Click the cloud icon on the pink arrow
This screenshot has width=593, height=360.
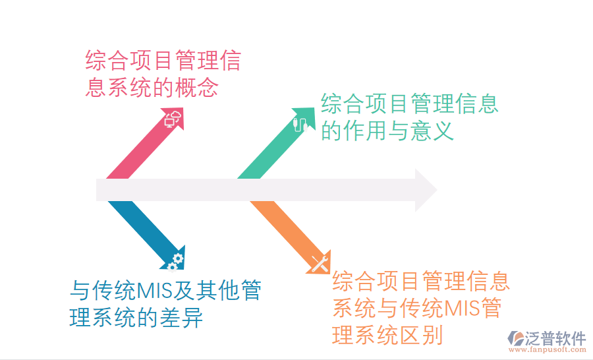(x=173, y=119)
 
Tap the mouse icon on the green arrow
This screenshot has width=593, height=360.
(x=300, y=123)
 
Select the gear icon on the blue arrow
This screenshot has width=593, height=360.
(x=175, y=261)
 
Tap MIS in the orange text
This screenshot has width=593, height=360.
(x=465, y=308)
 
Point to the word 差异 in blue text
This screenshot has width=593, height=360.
(x=181, y=318)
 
